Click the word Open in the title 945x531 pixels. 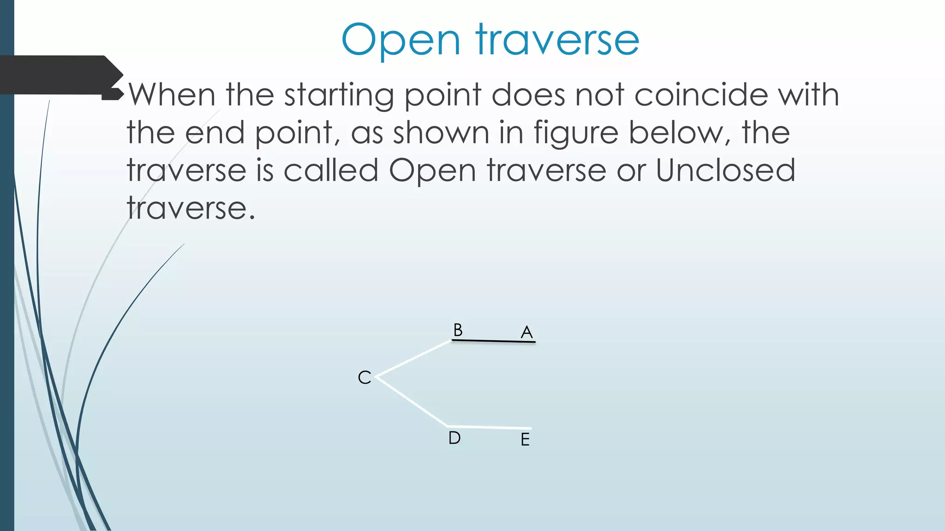401,41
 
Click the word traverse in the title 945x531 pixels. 558,41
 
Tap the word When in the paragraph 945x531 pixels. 172,94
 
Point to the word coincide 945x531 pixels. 701,94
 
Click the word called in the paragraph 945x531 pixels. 331,171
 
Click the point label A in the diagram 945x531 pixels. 526,332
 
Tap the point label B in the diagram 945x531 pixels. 458,330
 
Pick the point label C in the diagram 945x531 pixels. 365,378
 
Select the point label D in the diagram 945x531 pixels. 455,438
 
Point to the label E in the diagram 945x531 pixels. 525,440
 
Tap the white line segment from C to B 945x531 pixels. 414,359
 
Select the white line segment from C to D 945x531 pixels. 412,401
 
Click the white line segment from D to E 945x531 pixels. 489,427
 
